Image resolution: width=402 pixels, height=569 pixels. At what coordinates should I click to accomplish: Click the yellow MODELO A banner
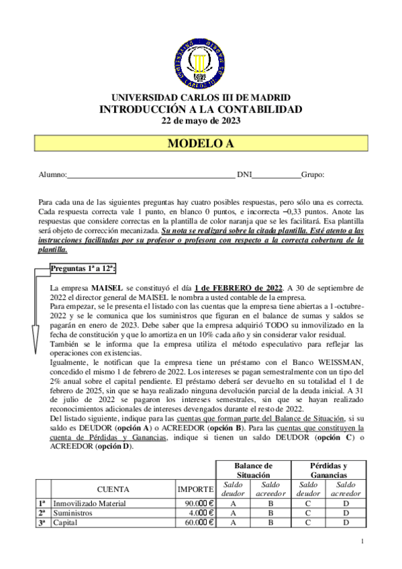(201, 143)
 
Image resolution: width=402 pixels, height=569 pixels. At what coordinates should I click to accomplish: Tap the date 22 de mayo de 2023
(201, 121)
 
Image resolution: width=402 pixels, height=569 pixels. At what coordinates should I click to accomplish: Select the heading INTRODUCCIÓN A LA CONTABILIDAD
(201, 109)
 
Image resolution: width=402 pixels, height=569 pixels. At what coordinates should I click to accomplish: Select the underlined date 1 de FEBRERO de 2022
(230, 287)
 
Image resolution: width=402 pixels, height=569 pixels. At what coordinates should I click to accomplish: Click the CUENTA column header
(113, 489)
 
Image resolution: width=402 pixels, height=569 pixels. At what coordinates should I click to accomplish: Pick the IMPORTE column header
(195, 489)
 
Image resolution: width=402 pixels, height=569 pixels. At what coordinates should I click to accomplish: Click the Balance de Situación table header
(253, 470)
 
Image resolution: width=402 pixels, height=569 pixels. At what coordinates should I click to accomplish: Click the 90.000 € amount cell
(195, 503)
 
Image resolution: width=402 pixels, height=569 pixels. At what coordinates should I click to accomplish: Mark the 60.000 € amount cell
(195, 523)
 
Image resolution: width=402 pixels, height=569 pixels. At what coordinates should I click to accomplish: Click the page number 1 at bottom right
(362, 541)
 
